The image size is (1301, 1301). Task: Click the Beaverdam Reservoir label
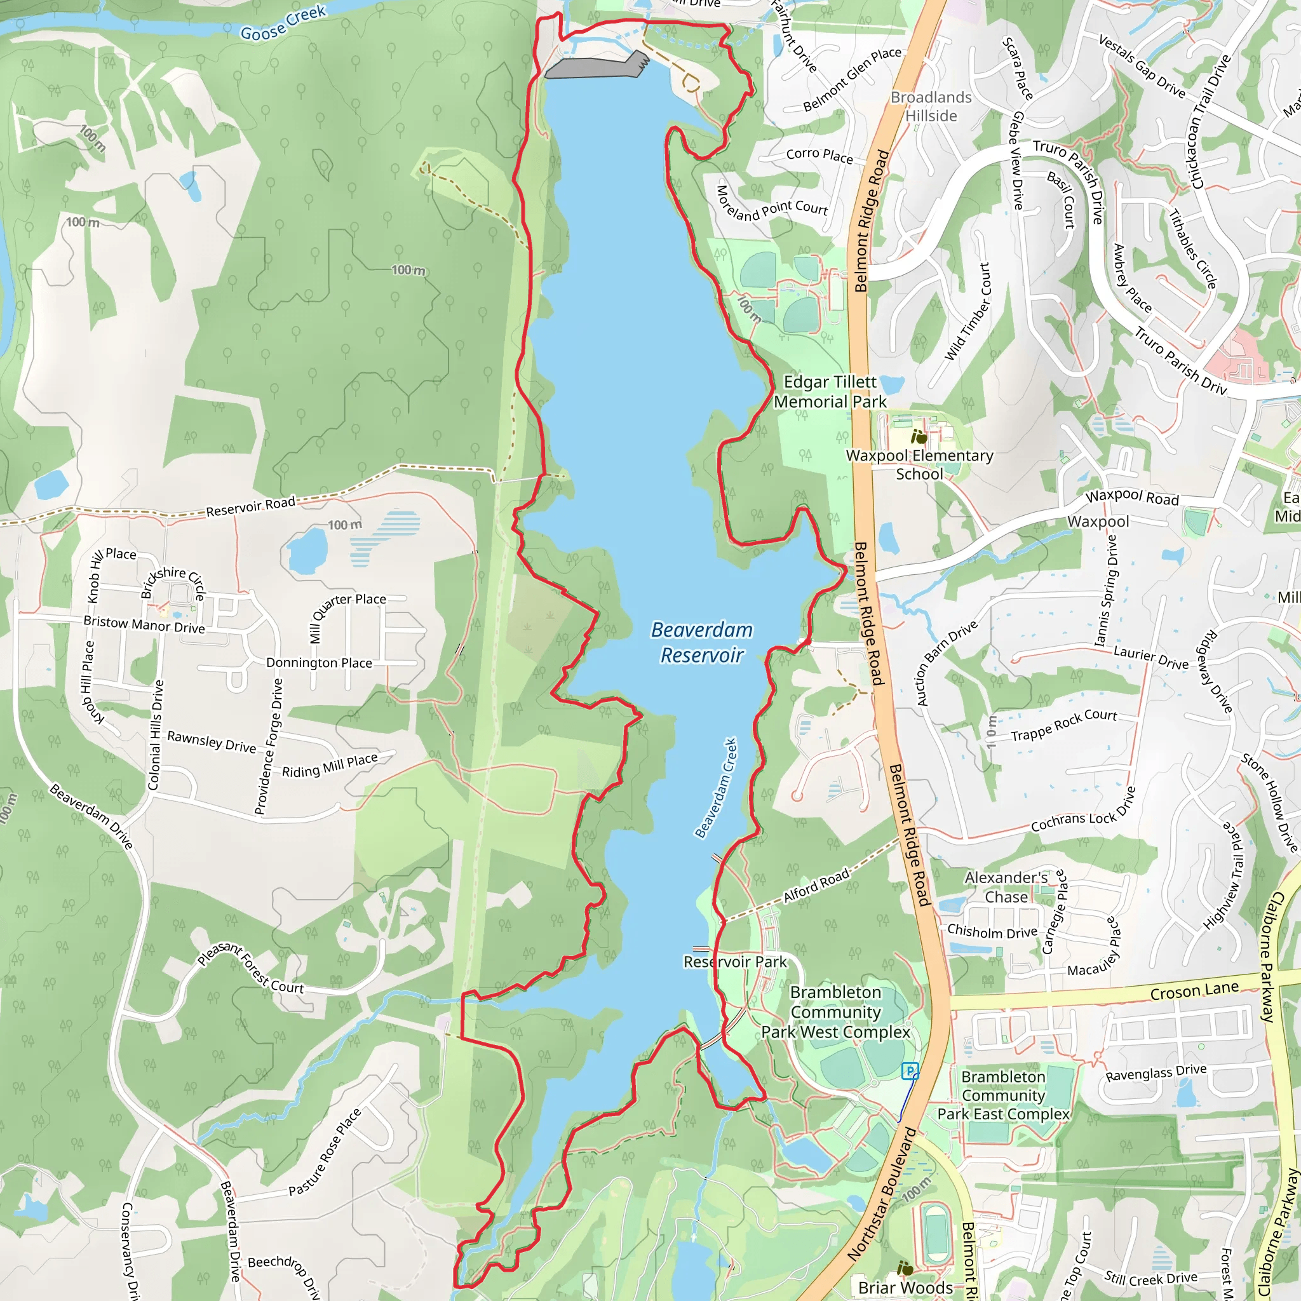coord(701,642)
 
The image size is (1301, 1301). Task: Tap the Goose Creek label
coord(283,23)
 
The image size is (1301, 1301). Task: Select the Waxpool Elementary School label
coord(919,464)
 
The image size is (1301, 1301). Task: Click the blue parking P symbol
coord(910,1070)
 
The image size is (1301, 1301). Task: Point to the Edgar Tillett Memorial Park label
coord(830,392)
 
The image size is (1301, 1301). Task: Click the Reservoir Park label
coord(735,962)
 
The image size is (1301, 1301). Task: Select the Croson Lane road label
coord(1194,990)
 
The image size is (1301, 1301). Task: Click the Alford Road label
coord(816,886)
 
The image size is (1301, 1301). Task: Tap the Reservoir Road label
coord(250,506)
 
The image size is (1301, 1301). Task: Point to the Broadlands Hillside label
coord(931,106)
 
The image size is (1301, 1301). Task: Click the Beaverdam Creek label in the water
coord(716,788)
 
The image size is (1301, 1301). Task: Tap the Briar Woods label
coord(905,1288)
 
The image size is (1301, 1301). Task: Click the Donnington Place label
coord(318,663)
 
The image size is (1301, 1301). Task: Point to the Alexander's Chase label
coord(1006,887)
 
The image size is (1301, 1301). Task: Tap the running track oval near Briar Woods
coord(934,1235)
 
